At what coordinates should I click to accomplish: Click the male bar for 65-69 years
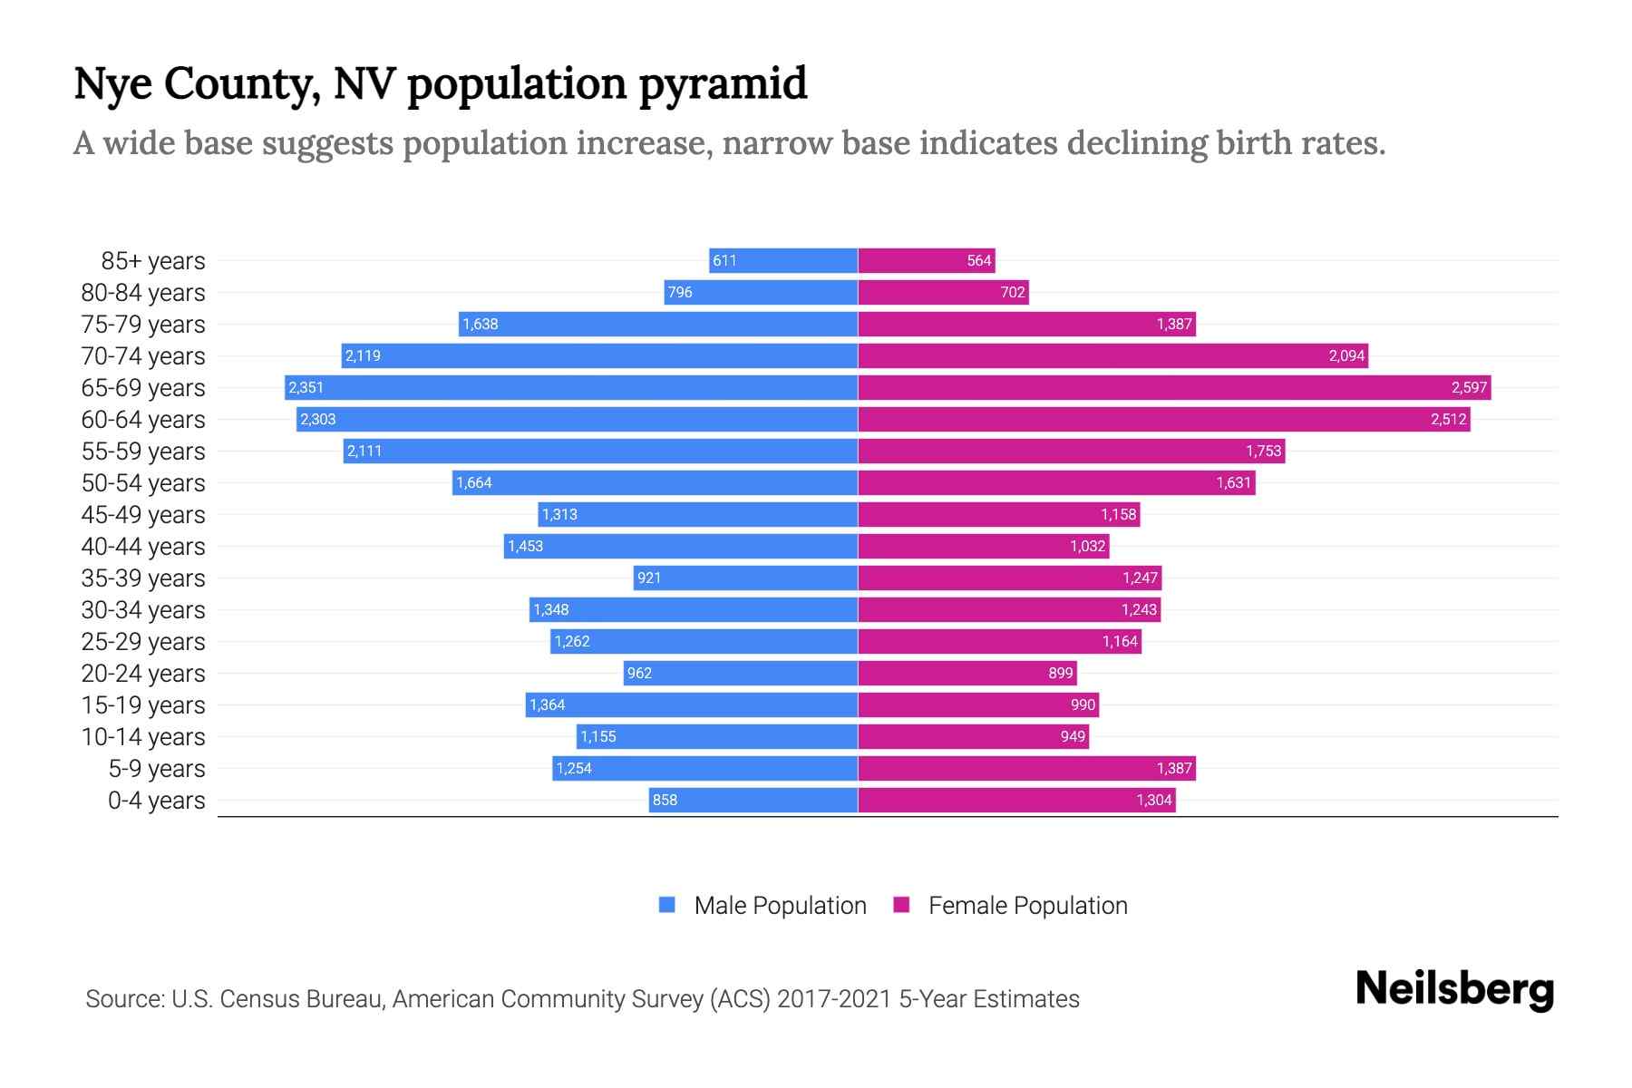tap(571, 388)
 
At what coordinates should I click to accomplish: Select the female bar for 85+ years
tap(927, 261)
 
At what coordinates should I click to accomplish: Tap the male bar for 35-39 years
tap(745, 578)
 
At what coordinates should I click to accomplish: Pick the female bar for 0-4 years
tap(1016, 801)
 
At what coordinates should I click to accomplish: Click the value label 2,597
tap(1469, 388)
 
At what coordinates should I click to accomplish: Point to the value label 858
tap(665, 801)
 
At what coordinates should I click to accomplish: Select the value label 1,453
tap(525, 547)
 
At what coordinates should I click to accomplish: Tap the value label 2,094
tap(1346, 356)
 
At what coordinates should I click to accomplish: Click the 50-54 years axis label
tap(143, 483)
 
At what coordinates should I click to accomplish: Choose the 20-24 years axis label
tap(143, 674)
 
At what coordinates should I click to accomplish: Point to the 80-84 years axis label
tap(143, 293)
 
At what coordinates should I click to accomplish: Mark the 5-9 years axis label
tap(157, 769)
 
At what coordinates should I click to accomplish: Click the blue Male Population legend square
tap(667, 905)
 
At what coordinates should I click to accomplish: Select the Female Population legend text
tap(1027, 906)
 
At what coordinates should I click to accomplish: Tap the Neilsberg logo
tap(1454, 989)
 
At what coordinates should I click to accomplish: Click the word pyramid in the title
tap(723, 84)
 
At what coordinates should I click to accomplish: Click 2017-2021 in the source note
tap(834, 999)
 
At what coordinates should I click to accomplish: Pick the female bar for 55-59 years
tap(1071, 452)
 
